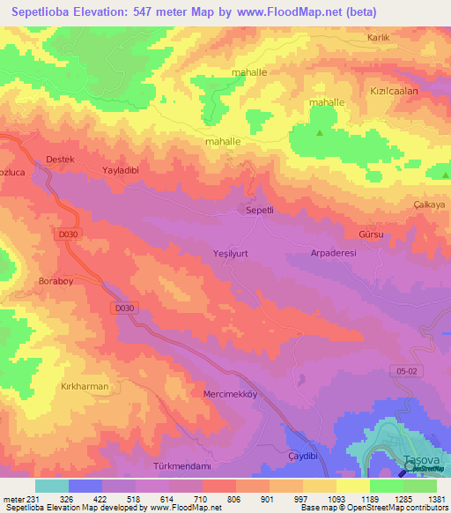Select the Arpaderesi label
pyautogui.click(x=332, y=252)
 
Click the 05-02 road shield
pyautogui.click(x=404, y=373)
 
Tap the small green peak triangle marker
pyautogui.click(x=319, y=133)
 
